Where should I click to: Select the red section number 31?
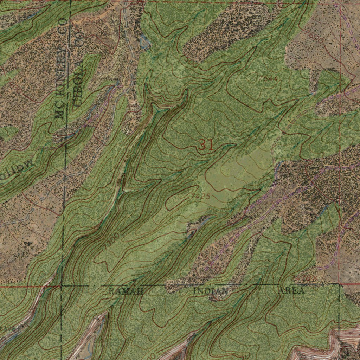pyautogui.click(x=206, y=145)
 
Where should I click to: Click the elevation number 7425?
pyautogui.click(x=201, y=196)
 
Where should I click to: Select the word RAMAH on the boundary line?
pyautogui.click(x=126, y=291)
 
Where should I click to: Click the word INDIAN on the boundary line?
pyautogui.click(x=210, y=291)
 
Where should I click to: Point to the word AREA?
pyautogui.click(x=291, y=291)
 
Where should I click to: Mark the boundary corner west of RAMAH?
pyautogui.click(x=62, y=285)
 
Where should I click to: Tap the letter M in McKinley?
pyautogui.click(x=60, y=113)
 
